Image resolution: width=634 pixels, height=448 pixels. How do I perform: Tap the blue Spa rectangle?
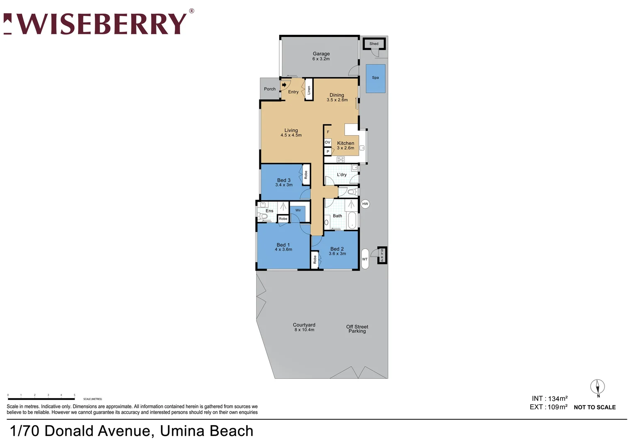click(x=375, y=78)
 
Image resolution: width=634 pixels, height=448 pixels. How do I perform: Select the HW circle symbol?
click(x=365, y=204)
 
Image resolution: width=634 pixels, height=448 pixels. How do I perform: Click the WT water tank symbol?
click(x=365, y=259)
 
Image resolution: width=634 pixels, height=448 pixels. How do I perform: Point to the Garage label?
click(x=321, y=54)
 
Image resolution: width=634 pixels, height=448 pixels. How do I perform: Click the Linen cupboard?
click(x=309, y=90)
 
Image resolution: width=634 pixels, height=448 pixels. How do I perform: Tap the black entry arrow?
click(x=284, y=85)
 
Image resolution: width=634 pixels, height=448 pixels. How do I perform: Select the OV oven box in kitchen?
click(x=327, y=142)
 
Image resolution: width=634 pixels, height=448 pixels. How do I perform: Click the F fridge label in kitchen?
click(x=328, y=132)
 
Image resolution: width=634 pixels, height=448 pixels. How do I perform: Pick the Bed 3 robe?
click(x=306, y=175)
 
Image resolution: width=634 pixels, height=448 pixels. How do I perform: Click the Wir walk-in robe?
click(x=298, y=213)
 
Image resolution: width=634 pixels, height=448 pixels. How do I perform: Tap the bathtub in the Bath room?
click(x=352, y=220)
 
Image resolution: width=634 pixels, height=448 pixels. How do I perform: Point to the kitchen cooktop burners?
click(x=341, y=159)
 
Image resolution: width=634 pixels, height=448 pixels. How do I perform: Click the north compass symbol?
click(x=597, y=387)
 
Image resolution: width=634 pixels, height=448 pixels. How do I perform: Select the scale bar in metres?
click(x=41, y=399)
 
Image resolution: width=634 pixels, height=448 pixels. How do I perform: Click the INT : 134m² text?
click(x=549, y=399)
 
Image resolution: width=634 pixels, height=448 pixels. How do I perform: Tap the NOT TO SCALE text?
click(x=595, y=407)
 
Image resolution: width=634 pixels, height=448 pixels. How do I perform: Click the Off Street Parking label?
click(x=357, y=329)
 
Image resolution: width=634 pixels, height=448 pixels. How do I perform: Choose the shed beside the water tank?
click(x=382, y=255)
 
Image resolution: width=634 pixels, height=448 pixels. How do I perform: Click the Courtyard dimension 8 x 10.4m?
click(x=304, y=330)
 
